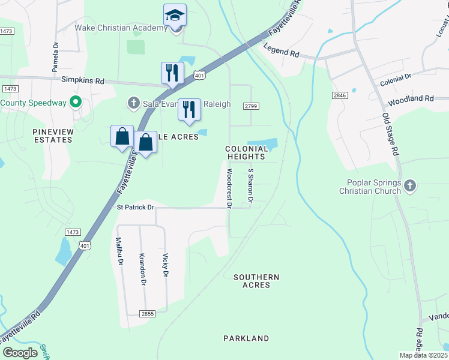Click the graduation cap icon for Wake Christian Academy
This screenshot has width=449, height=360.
tap(175, 14)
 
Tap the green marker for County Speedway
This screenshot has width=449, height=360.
tap(76, 103)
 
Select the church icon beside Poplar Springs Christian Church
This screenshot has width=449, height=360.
tap(410, 185)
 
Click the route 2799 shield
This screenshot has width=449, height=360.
tap(251, 106)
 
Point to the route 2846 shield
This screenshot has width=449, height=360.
tap(340, 95)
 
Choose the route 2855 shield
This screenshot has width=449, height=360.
tap(147, 313)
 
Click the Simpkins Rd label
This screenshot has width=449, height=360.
tap(82, 80)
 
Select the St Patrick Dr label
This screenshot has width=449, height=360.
tap(135, 207)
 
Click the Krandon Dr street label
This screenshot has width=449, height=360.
tap(143, 269)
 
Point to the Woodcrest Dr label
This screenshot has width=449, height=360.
tap(229, 188)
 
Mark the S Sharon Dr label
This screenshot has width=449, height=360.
tap(251, 185)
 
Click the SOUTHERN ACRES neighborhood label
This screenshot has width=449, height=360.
tap(256, 281)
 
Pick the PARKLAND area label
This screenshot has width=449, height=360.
tap(246, 338)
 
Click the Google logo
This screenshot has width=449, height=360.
tap(20, 353)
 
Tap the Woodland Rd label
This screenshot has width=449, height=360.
tap(411, 98)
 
